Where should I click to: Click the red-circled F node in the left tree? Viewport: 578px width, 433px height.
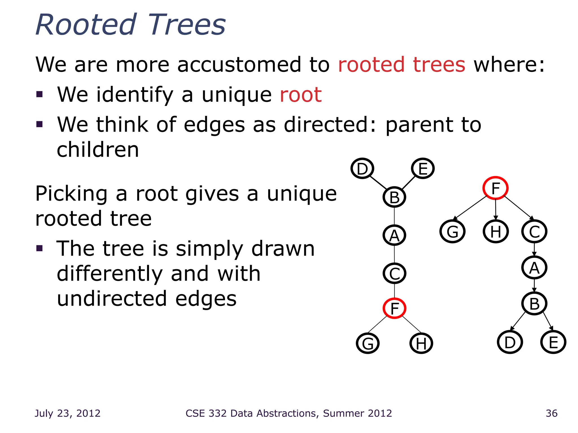[x=394, y=308]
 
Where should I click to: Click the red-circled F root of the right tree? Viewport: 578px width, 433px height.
[x=495, y=188]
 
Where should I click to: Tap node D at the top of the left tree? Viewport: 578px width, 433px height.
[x=362, y=169]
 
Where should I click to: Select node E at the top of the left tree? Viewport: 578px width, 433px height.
[x=422, y=169]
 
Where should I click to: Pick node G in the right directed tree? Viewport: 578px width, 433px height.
[x=452, y=231]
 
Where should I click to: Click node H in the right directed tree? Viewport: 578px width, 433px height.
[x=496, y=231]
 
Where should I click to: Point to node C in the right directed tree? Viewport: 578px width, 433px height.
[x=534, y=231]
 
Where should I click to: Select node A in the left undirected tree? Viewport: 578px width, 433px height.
[x=394, y=235]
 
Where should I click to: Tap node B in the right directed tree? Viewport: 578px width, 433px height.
[x=534, y=304]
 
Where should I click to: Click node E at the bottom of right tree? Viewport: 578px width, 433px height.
[x=553, y=342]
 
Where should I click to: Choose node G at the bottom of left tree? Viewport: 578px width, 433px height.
[x=368, y=343]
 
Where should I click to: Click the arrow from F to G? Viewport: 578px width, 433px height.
[x=470, y=208]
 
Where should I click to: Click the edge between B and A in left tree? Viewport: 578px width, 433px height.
[x=394, y=216]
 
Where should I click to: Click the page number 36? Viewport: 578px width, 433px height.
[x=551, y=413]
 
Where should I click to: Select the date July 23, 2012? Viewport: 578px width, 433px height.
[x=67, y=413]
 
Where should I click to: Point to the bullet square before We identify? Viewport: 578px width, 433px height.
[x=40, y=94]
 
